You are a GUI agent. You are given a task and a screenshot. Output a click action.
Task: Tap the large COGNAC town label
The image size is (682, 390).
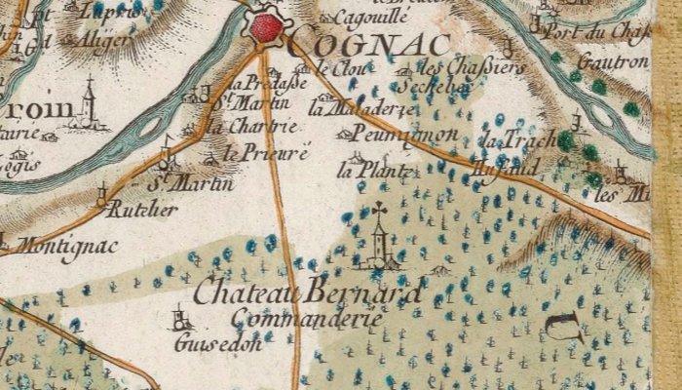[x=371, y=44]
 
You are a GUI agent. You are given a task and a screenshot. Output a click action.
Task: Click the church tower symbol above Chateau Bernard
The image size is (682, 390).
[x=379, y=239]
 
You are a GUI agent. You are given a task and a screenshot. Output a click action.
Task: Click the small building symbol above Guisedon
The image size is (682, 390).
[x=180, y=318]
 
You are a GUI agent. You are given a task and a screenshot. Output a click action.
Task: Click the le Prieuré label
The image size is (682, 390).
[x=267, y=153]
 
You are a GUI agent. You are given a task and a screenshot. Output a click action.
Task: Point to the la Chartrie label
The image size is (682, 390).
[x=264, y=126]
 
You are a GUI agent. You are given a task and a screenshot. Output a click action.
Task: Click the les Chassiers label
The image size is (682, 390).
[x=471, y=67]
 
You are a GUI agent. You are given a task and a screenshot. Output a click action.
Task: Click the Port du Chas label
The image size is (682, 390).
[x=613, y=31]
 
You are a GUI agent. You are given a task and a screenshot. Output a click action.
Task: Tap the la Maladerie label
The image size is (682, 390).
[x=348, y=108]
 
